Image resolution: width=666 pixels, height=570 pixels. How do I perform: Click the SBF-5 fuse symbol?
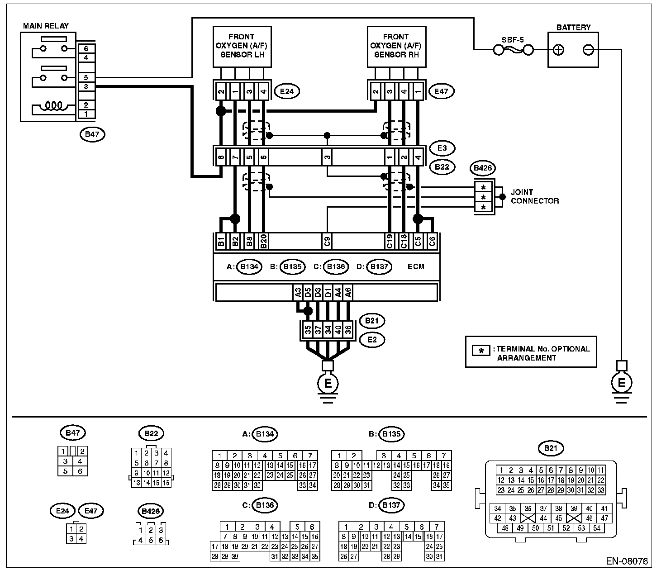tap(513, 50)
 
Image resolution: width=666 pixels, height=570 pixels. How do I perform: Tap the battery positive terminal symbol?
tap(558, 50)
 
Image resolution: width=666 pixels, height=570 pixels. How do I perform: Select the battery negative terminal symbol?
tap(588, 50)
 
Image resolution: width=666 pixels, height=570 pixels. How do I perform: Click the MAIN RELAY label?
tap(46, 26)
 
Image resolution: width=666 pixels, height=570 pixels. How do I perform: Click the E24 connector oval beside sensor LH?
tap(287, 91)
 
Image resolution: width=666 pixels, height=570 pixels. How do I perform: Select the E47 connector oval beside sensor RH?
tap(441, 91)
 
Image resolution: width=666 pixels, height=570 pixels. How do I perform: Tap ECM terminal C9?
tap(327, 241)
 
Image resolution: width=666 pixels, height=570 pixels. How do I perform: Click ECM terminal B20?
tap(264, 241)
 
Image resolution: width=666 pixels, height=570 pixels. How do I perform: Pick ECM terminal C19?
tap(390, 241)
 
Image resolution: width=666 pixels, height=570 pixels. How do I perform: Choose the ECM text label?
tap(416, 266)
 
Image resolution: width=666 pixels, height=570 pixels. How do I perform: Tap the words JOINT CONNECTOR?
tap(535, 196)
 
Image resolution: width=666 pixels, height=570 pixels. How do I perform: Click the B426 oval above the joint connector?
tap(483, 168)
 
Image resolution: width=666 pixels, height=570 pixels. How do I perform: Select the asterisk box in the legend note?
tap(481, 351)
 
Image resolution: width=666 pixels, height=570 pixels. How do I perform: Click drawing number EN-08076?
tap(627, 561)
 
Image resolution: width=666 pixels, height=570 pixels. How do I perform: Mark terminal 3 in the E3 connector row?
tap(327, 157)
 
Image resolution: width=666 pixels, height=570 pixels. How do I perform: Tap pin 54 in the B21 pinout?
tap(597, 528)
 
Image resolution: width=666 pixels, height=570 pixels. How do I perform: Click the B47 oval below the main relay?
tap(92, 134)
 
